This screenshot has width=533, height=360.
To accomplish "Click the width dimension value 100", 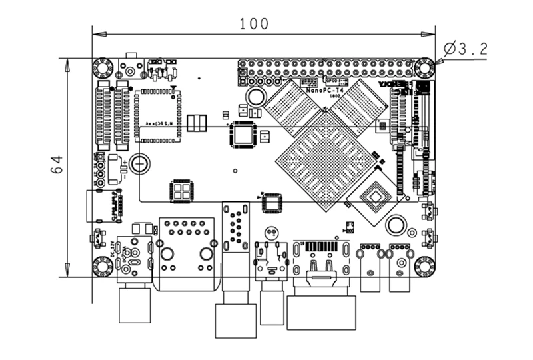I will click(255, 23).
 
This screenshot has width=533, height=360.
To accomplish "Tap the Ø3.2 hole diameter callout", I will click(465, 48).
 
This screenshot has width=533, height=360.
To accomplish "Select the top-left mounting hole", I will click(102, 67).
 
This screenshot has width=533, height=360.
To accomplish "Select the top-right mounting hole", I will click(424, 67).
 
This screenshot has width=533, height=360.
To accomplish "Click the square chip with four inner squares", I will click(181, 191).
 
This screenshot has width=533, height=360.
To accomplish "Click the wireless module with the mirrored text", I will click(158, 115).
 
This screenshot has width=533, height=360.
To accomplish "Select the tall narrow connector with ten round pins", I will click(234, 227).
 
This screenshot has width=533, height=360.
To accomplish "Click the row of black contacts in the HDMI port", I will click(321, 247).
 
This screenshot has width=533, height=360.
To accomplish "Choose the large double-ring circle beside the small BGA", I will click(397, 225).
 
